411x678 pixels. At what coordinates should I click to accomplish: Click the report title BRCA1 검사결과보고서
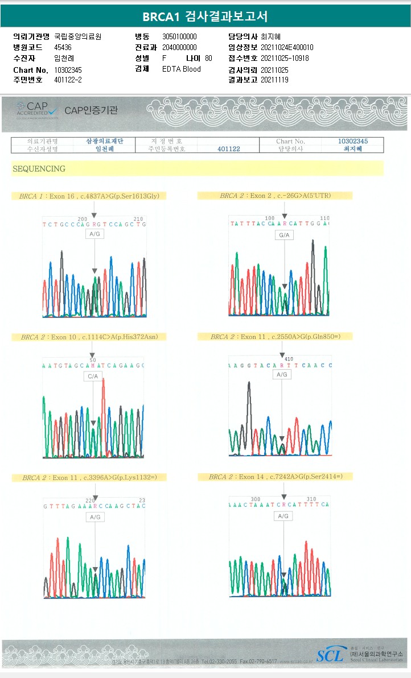(x=205, y=16)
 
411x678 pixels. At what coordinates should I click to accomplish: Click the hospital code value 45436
(x=63, y=47)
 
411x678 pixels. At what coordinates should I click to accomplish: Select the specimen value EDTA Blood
(x=182, y=69)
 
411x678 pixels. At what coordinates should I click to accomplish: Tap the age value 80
(x=208, y=58)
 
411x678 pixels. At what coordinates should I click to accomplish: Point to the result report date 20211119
(x=274, y=80)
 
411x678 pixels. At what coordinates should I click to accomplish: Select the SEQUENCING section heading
(x=39, y=169)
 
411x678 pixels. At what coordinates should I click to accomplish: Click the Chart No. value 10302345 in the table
(x=353, y=141)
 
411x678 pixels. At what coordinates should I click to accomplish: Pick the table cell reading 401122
(x=229, y=149)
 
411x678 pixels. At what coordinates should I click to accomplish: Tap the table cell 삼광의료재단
(x=104, y=141)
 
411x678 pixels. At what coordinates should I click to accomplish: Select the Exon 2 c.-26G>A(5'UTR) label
(x=275, y=196)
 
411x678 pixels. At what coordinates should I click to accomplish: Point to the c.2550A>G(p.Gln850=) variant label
(x=275, y=337)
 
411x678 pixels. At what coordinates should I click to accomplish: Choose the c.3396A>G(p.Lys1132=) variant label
(x=89, y=478)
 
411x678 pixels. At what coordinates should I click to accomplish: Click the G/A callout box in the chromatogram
(x=283, y=235)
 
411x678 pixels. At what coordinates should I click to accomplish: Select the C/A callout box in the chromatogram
(x=93, y=377)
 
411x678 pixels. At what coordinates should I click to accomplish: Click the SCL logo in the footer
(x=330, y=655)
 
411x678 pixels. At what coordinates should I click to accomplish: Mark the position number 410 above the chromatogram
(x=289, y=359)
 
